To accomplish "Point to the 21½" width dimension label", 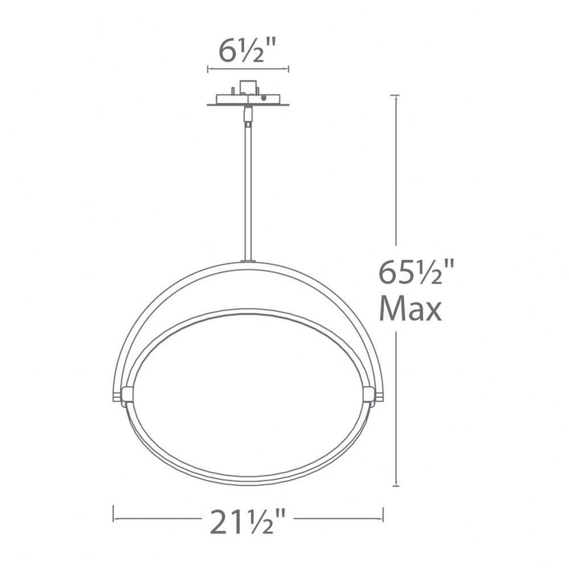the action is (248, 521).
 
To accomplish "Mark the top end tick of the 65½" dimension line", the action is (396, 95).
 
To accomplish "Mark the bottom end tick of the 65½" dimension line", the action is (396, 486).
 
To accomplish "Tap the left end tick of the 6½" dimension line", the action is (208, 69).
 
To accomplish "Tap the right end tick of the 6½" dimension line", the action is (288, 69).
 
